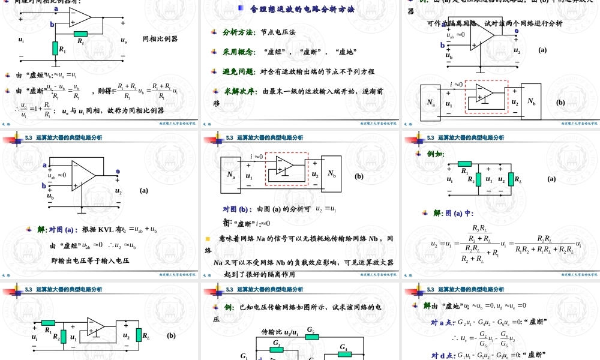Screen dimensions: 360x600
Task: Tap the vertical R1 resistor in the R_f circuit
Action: point(56,48)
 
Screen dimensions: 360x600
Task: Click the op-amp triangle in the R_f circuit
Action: point(79,18)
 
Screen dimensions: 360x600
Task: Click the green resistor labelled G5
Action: point(311,337)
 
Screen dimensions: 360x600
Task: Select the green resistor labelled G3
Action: point(277,349)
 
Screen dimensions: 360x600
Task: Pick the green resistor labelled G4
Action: point(344,354)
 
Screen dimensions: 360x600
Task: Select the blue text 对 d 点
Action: point(443,355)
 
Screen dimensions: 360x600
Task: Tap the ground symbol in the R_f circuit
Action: point(56,63)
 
